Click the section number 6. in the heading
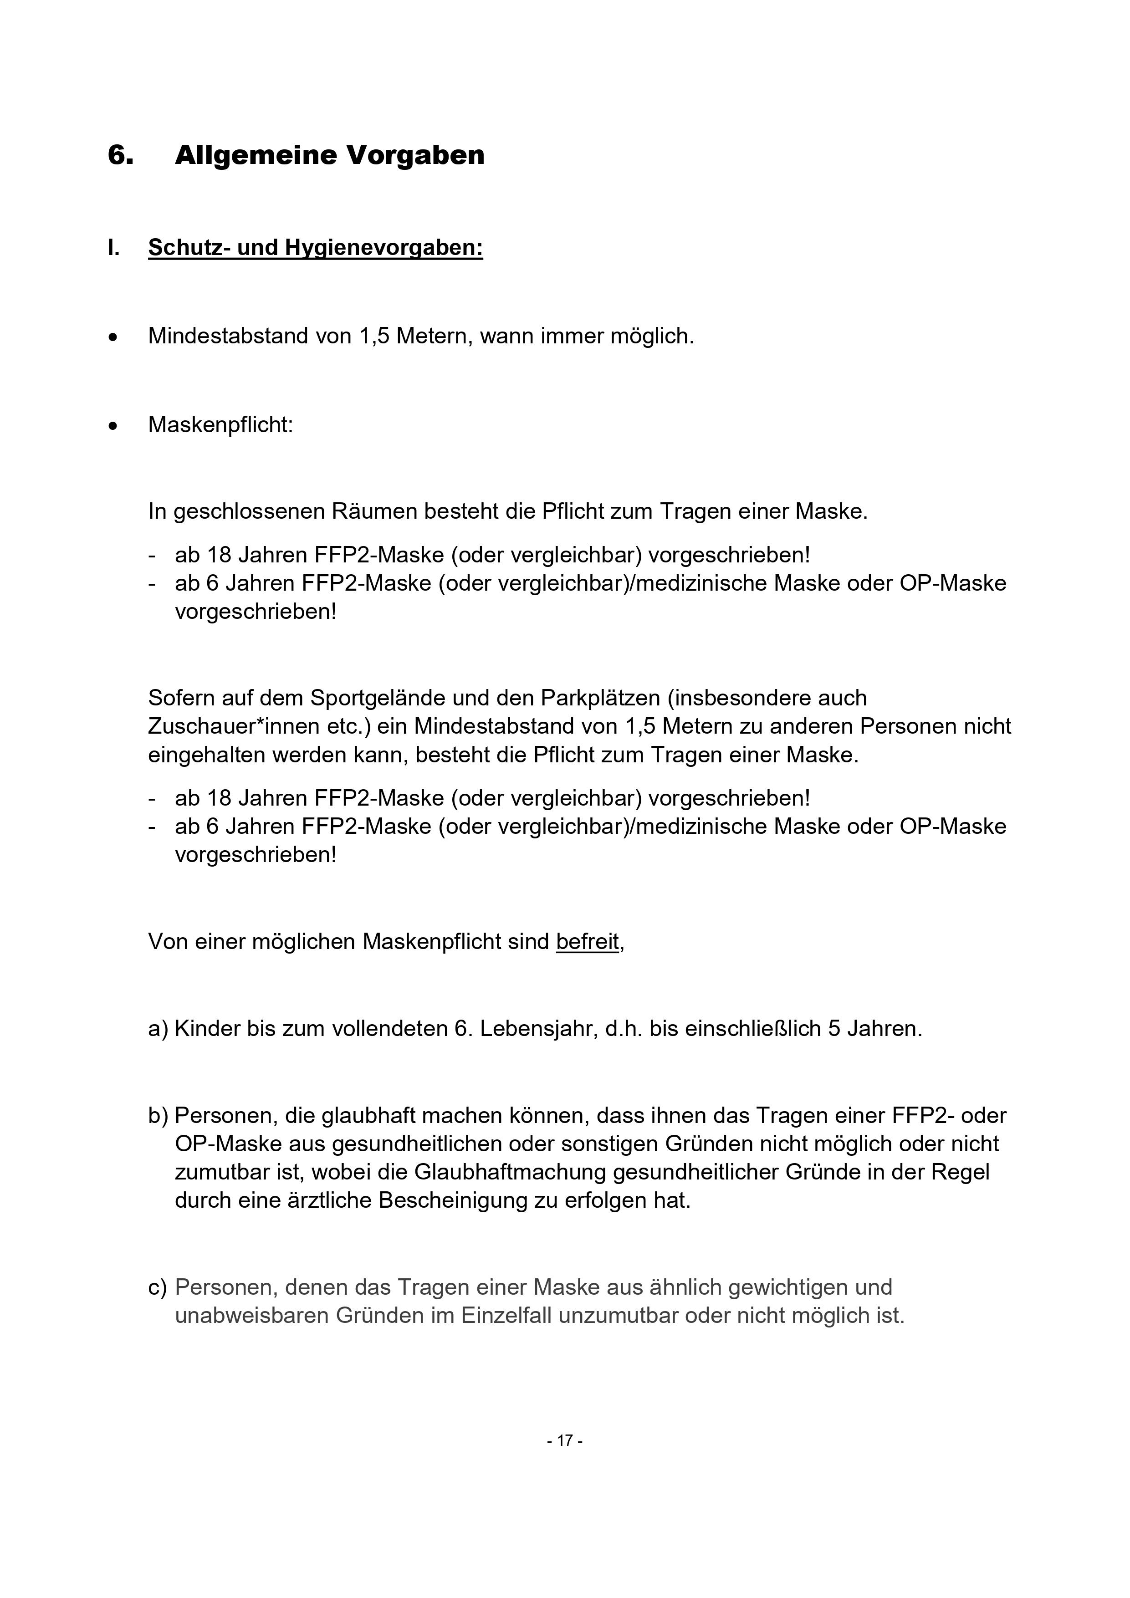pyautogui.click(x=120, y=154)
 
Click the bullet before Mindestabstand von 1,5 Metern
pyautogui.click(x=113, y=337)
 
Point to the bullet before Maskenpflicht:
pyautogui.click(x=113, y=426)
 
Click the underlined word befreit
pyautogui.click(x=587, y=942)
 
